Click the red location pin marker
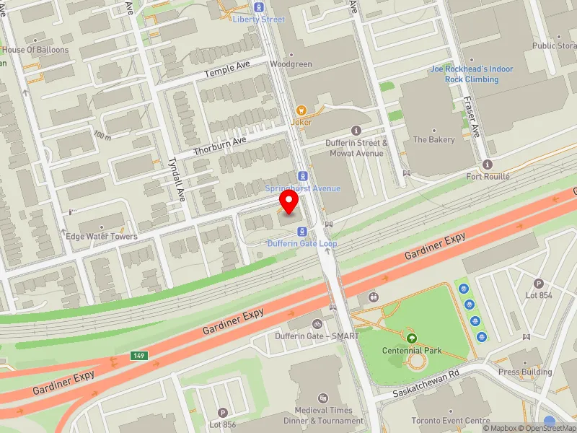click(289, 203)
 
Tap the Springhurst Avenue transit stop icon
click(302, 175)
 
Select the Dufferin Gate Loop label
click(302, 244)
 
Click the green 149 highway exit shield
click(139, 356)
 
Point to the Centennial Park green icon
click(412, 338)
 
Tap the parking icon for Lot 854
click(538, 283)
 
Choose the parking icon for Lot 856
click(222, 411)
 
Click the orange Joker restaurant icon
click(301, 110)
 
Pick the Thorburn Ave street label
click(220, 147)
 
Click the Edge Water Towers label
click(101, 237)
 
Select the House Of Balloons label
click(35, 50)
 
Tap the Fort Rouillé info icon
click(488, 165)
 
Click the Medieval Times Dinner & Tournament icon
click(323, 397)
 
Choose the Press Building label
click(525, 372)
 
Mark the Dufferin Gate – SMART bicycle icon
click(317, 324)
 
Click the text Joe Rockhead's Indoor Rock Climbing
click(472, 74)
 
